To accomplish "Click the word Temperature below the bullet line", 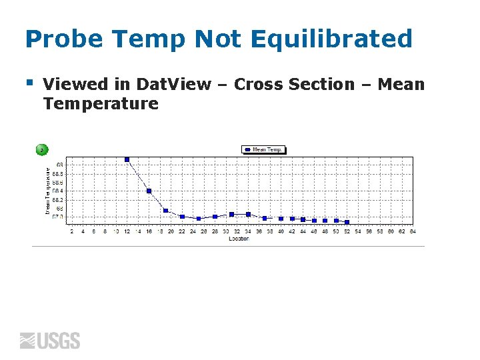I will tap(100, 103).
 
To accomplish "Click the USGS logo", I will tap(50, 341).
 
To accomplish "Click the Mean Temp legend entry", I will tap(263, 150).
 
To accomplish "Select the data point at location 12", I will tap(127, 159).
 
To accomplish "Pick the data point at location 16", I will tap(149, 191).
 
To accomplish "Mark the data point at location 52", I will tap(347, 222).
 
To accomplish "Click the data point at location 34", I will tap(248, 214).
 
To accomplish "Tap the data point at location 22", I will tap(182, 217).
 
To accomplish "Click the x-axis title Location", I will tap(239, 238).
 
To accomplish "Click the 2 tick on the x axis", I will tap(72, 231).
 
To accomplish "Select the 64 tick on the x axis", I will tap(413, 231).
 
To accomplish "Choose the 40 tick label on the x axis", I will tap(281, 231).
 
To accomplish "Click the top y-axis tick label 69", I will tap(60, 164).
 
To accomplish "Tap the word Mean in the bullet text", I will tap(401, 85).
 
